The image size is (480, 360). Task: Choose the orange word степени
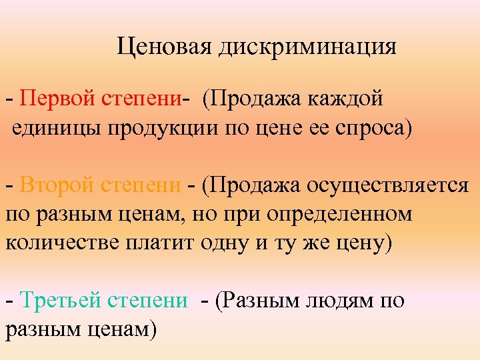pos(141,185)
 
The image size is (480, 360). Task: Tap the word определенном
pos(346,214)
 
